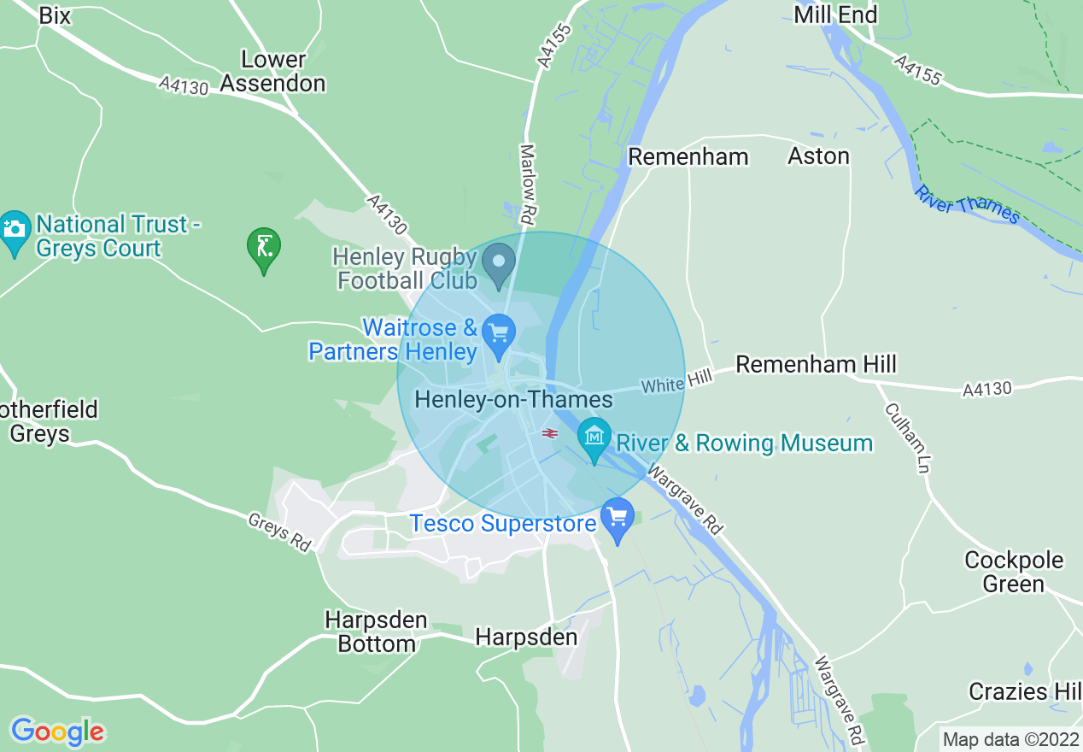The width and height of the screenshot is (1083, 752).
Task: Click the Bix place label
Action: [55, 16]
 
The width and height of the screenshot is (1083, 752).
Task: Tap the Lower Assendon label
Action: [272, 72]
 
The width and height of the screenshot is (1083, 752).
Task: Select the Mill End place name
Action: [834, 15]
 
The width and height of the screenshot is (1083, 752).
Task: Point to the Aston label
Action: [818, 156]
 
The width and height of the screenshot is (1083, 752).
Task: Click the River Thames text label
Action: [967, 204]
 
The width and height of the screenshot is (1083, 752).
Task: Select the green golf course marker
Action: [264, 248]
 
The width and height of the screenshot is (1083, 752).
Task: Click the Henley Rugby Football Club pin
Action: [499, 263]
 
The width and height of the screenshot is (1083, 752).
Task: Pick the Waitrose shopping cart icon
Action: [498, 334]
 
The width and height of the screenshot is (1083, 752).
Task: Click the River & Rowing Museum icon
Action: [594, 438]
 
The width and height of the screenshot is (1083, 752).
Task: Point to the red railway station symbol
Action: [550, 433]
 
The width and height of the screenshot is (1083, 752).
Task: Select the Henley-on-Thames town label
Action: [513, 399]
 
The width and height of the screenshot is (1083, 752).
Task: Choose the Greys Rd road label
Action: [279, 532]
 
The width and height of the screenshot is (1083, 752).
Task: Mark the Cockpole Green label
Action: [1014, 572]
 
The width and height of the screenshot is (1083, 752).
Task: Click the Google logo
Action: [57, 731]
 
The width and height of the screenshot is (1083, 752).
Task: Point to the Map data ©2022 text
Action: [1009, 738]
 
